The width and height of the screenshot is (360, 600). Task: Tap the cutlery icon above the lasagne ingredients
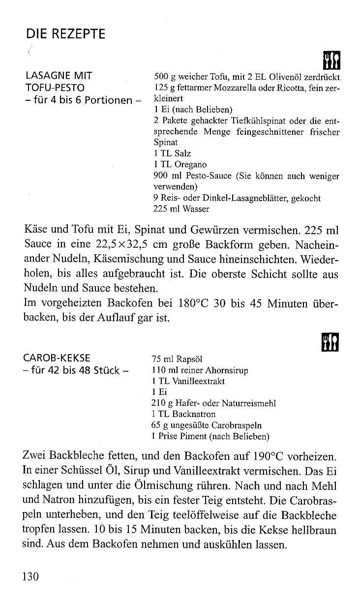[330, 60]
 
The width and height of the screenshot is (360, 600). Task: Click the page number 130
[30, 576]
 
